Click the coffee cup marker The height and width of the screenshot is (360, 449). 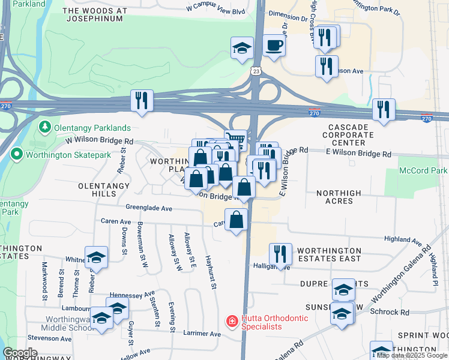[x=274, y=46]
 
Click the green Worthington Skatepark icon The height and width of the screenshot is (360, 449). [x=17, y=155]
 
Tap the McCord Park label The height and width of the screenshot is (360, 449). [x=423, y=171]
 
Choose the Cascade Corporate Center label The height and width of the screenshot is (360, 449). [x=355, y=136]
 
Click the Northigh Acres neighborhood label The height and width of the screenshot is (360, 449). [x=339, y=197]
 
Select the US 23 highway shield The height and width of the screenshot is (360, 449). [x=256, y=71]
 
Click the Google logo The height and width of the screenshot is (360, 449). [x=20, y=353]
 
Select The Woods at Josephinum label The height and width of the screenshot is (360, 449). [x=103, y=15]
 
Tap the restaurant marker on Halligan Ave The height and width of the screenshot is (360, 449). [x=280, y=254]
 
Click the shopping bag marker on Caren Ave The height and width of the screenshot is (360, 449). [x=237, y=220]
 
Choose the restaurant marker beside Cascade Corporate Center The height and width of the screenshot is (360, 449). [x=383, y=110]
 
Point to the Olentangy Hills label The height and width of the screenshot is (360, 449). [x=104, y=190]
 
